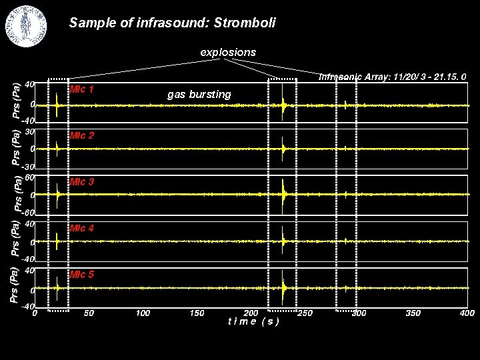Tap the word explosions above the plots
click(229, 51)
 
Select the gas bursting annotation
click(199, 95)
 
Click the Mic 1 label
click(82, 89)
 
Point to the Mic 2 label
click(82, 135)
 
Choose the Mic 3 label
click(82, 181)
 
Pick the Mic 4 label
click(82, 228)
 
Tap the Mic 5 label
click(82, 274)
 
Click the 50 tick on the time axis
click(89, 313)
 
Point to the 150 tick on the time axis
click(197, 313)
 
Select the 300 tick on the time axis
click(359, 313)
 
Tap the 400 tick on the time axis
click(467, 313)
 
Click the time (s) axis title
click(253, 321)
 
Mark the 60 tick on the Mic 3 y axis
click(29, 177)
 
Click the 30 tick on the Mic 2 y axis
click(29, 131)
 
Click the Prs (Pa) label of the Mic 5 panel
click(14, 285)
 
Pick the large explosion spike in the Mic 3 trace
click(284, 194)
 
